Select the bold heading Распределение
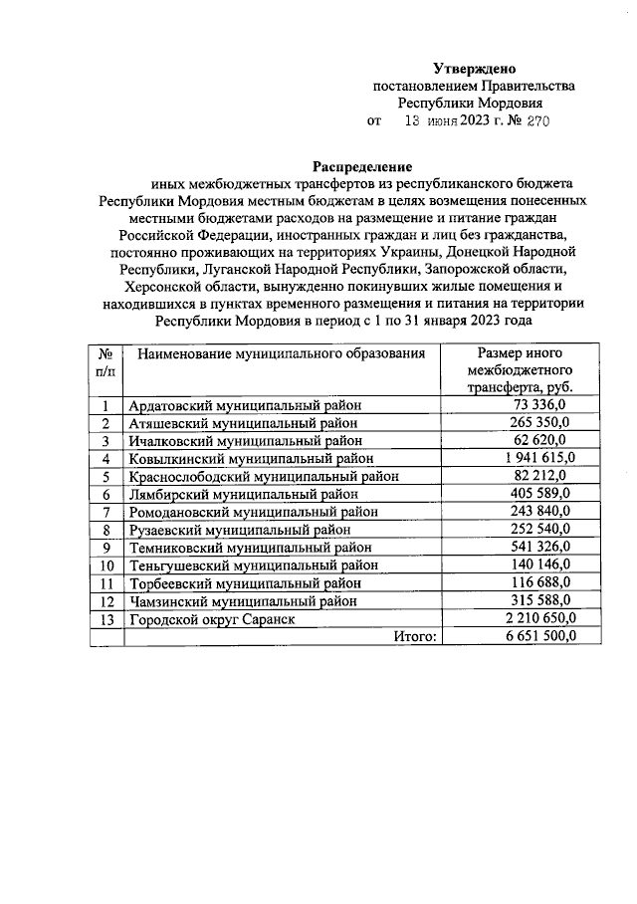coord(362,166)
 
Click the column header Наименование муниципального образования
coord(282,353)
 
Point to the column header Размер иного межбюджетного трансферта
coord(522,370)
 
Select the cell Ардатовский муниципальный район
coord(244,405)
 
